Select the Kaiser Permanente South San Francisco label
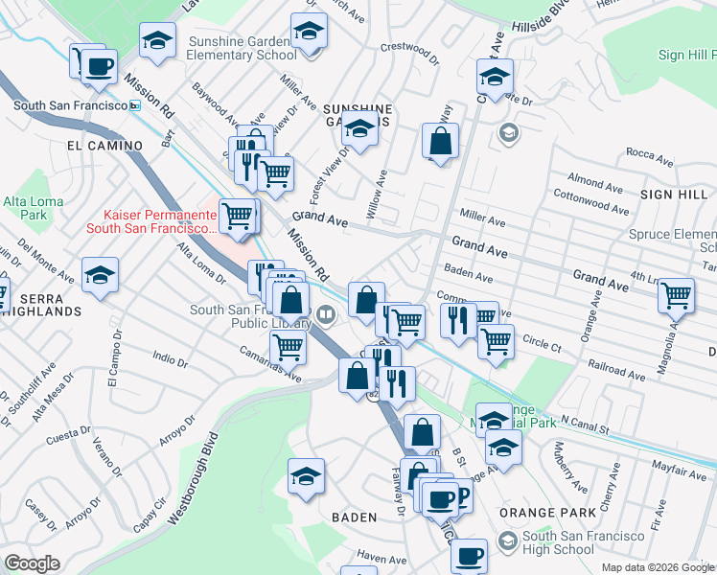(151, 221)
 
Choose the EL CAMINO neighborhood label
(105, 146)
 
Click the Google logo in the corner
(32, 563)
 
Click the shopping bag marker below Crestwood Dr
(440, 142)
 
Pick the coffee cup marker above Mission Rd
(99, 65)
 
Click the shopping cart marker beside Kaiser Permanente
(237, 215)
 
